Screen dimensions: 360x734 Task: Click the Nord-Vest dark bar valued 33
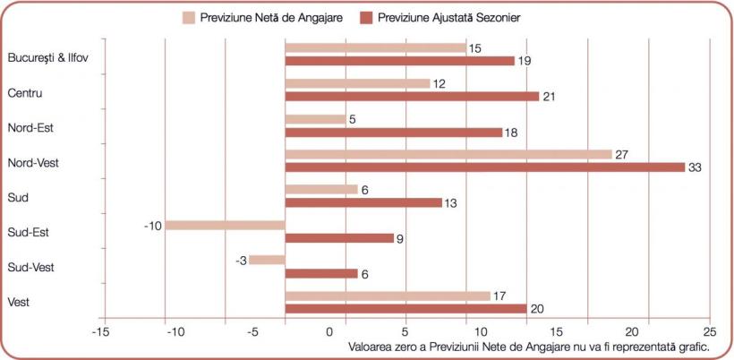[x=484, y=167]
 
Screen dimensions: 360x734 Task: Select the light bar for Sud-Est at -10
[x=225, y=225]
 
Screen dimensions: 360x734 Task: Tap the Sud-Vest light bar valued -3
[x=267, y=260]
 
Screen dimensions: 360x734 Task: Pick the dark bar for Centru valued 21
[x=412, y=96]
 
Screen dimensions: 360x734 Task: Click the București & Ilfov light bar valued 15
[x=375, y=48]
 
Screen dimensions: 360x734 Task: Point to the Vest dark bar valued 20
[x=405, y=309]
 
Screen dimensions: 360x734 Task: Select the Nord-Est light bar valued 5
[x=315, y=119]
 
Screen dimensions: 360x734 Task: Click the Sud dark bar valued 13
[x=363, y=202]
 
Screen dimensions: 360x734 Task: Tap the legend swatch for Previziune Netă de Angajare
[x=190, y=17]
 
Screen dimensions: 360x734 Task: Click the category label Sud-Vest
[x=30, y=267]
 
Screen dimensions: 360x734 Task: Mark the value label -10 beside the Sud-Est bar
[x=151, y=225]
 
